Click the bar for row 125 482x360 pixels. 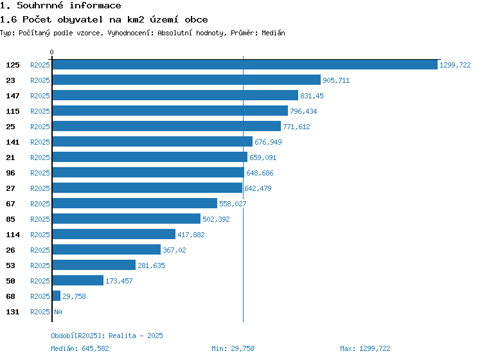point(245,64)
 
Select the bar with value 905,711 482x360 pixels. point(186,80)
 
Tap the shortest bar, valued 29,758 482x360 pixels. point(57,296)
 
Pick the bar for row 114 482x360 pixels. point(114,234)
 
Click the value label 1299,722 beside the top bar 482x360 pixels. point(455,65)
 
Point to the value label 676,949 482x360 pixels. point(268,142)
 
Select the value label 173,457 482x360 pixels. point(119,281)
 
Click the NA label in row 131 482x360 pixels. point(58,312)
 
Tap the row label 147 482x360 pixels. point(13,96)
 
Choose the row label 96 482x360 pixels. point(10,173)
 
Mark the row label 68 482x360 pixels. point(10,296)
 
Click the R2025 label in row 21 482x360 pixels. point(40,157)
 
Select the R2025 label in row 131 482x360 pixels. point(40,312)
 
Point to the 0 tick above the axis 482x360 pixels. point(51,52)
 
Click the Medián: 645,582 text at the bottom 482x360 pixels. point(80,348)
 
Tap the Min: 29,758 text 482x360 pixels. point(233,348)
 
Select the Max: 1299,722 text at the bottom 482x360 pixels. point(365,348)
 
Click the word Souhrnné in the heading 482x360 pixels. point(40,5)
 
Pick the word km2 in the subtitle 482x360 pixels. point(136,20)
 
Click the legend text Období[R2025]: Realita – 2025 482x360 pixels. point(107,336)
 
